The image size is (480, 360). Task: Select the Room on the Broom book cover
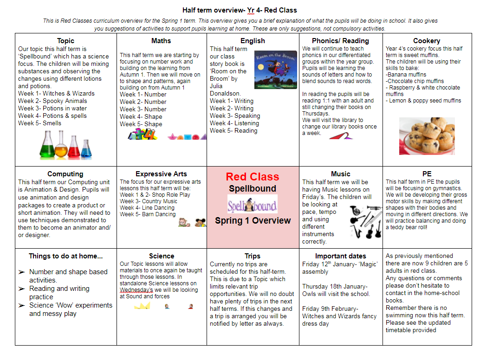tap(275, 70)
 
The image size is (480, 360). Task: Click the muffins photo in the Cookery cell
tap(427, 135)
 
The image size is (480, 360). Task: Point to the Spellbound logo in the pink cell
tap(252, 204)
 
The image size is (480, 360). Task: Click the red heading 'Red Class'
tap(253, 177)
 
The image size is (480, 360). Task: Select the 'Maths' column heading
tap(161, 41)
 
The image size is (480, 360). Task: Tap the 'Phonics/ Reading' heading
tap(340, 41)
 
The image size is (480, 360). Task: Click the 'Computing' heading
tap(65, 174)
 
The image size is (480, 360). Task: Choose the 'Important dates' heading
tap(340, 256)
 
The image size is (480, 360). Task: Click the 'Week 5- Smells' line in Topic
tap(40, 123)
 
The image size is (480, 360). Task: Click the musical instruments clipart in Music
tap(366, 220)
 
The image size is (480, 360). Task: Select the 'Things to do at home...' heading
tap(65, 256)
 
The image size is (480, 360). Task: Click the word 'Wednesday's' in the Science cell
tap(136, 290)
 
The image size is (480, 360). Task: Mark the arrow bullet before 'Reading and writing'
tap(21, 289)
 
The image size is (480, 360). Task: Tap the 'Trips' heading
tap(252, 256)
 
